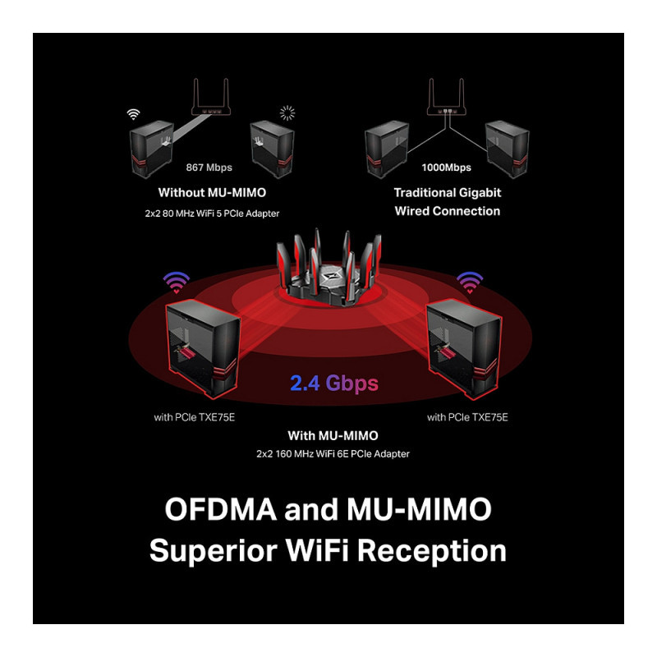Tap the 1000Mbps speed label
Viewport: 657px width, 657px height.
click(446, 168)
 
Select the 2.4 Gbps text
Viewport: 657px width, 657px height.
click(333, 383)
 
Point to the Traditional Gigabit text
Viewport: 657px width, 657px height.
click(447, 193)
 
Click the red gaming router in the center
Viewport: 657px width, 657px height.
click(328, 271)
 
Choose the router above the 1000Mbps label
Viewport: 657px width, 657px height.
click(447, 98)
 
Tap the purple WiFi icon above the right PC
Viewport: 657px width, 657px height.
click(469, 283)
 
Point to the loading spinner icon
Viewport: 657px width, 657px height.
click(287, 113)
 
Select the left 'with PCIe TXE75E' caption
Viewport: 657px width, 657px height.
click(195, 417)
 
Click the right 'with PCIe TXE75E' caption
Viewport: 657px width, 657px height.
click(467, 417)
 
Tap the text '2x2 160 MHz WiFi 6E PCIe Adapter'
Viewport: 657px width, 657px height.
click(333, 453)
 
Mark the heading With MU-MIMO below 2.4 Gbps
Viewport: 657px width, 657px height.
click(333, 435)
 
